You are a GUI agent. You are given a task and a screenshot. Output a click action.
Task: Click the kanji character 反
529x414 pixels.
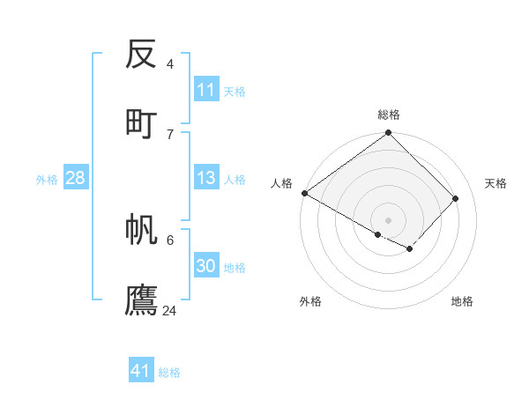(141, 54)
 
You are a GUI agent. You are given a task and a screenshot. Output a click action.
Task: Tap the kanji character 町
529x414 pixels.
(141, 122)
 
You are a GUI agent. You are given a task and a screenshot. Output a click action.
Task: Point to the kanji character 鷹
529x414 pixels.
(141, 299)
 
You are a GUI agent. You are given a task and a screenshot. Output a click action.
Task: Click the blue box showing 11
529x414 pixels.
(206, 90)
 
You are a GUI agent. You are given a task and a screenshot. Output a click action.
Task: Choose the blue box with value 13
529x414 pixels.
(206, 178)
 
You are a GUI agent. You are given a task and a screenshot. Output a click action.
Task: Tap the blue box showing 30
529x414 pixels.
(206, 266)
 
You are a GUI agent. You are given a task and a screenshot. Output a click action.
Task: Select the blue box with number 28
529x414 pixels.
(75, 178)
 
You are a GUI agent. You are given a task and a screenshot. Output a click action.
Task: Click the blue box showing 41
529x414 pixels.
(141, 371)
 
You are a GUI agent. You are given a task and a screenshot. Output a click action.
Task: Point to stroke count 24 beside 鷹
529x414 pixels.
(170, 310)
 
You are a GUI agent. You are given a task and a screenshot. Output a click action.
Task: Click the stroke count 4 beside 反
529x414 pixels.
(170, 63)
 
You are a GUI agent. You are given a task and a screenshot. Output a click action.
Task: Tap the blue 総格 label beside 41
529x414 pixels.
(169, 373)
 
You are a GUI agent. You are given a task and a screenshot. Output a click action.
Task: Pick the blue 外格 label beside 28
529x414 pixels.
(47, 180)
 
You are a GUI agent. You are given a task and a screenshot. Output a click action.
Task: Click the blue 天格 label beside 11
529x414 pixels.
(235, 92)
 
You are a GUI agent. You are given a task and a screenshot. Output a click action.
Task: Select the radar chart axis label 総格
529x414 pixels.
(388, 115)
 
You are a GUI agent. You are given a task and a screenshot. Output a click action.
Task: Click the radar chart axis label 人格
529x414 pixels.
(281, 183)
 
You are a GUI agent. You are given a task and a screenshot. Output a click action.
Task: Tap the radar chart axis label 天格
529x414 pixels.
(495, 183)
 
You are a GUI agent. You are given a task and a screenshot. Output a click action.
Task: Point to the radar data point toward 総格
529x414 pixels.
(388, 133)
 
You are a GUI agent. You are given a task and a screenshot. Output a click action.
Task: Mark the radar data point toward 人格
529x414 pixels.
(304, 193)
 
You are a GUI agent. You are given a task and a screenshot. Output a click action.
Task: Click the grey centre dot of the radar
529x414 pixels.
(388, 219)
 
